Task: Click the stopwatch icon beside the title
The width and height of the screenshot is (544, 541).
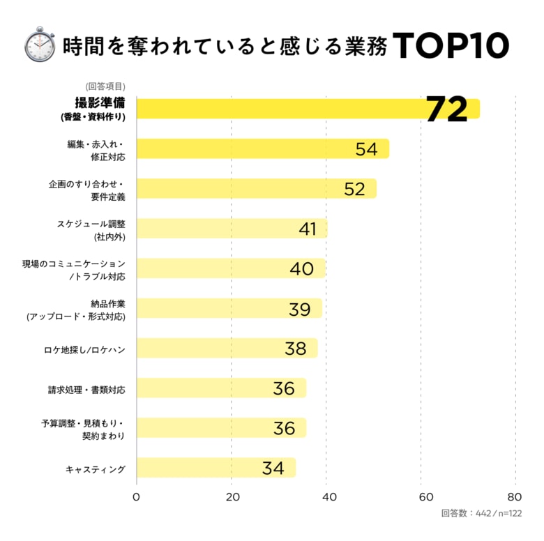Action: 39,45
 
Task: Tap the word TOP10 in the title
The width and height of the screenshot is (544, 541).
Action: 450,45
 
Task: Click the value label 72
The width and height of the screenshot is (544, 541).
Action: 446,109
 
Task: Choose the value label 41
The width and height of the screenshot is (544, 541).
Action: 308,229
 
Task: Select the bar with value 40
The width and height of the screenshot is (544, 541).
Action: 231,269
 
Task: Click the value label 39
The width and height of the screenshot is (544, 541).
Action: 299,309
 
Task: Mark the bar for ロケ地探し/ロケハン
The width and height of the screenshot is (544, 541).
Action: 227,349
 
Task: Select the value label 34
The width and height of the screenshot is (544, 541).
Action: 273,468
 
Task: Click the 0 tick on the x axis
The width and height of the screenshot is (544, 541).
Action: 136,497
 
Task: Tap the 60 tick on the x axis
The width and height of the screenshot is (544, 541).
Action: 421,497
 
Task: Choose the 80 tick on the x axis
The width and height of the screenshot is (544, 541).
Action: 515,497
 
